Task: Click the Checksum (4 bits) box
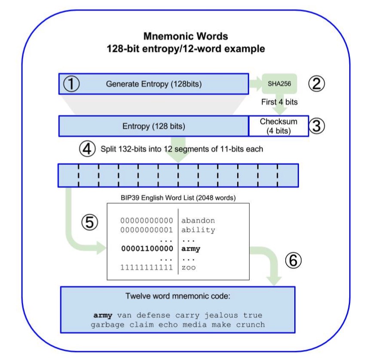click(279, 126)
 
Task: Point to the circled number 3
click(317, 126)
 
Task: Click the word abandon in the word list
click(198, 221)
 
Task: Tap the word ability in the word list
click(198, 230)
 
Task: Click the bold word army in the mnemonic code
click(103, 316)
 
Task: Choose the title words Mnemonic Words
click(186, 37)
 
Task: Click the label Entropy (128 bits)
click(154, 126)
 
